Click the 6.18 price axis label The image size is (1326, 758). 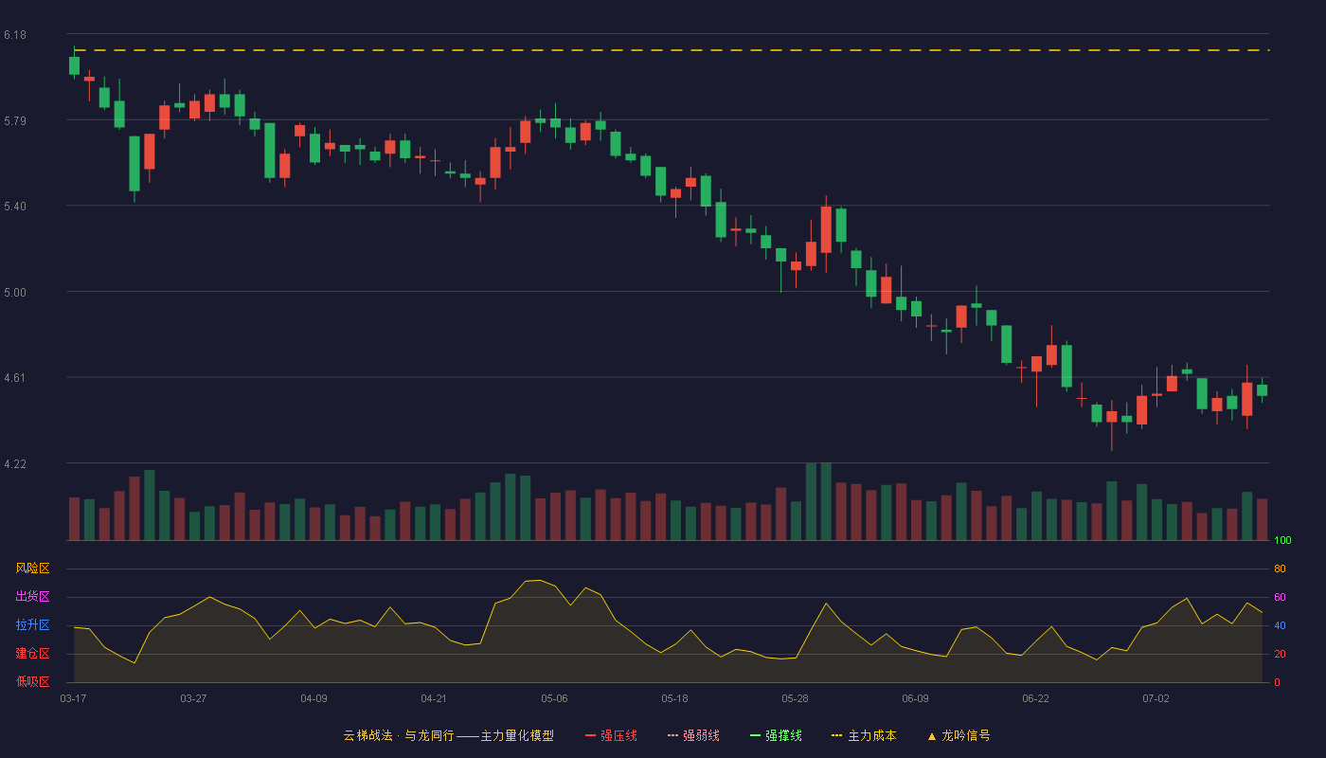(15, 35)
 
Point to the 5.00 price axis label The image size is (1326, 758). (15, 293)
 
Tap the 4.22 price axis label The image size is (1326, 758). (15, 464)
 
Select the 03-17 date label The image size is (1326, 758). (74, 699)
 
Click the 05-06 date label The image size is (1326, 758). (554, 699)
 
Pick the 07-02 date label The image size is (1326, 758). (1156, 699)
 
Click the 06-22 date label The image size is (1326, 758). (1035, 699)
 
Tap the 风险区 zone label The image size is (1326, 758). (32, 568)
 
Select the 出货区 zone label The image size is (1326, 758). (32, 596)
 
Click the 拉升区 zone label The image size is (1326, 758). (32, 624)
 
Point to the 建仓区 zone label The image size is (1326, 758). (32, 653)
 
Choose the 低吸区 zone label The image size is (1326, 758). (32, 681)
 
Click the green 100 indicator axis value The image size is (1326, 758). (1282, 540)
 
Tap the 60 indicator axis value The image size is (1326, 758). (1280, 597)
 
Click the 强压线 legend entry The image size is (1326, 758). (611, 735)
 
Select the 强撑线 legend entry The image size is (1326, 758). (776, 735)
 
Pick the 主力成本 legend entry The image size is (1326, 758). (864, 735)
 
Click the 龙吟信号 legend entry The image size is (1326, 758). (959, 735)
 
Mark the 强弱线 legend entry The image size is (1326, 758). (693, 735)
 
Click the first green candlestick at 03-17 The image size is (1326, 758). (74, 65)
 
